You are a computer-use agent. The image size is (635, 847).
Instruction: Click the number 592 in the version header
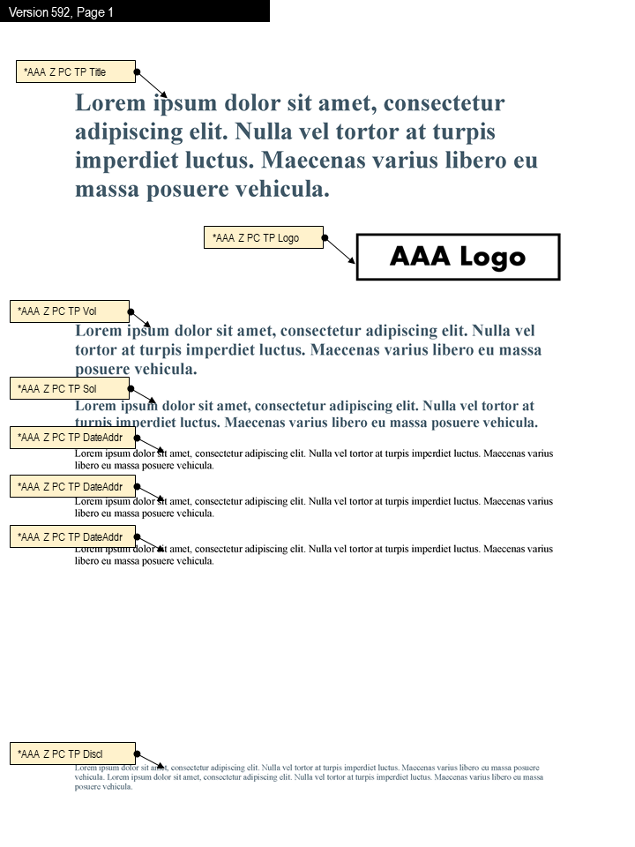point(59,12)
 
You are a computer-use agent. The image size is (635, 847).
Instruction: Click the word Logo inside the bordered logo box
point(491,257)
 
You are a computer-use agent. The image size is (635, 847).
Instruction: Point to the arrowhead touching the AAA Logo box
point(352,260)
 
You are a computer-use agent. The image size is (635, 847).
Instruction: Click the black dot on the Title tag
point(137,71)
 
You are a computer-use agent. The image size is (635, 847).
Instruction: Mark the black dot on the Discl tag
point(137,753)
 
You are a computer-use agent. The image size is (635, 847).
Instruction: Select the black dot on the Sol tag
point(131,388)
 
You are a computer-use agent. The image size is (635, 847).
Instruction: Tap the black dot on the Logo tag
point(325,237)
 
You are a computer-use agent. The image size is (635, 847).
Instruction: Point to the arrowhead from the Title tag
point(163,94)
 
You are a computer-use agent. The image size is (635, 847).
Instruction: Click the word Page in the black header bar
point(91,12)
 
